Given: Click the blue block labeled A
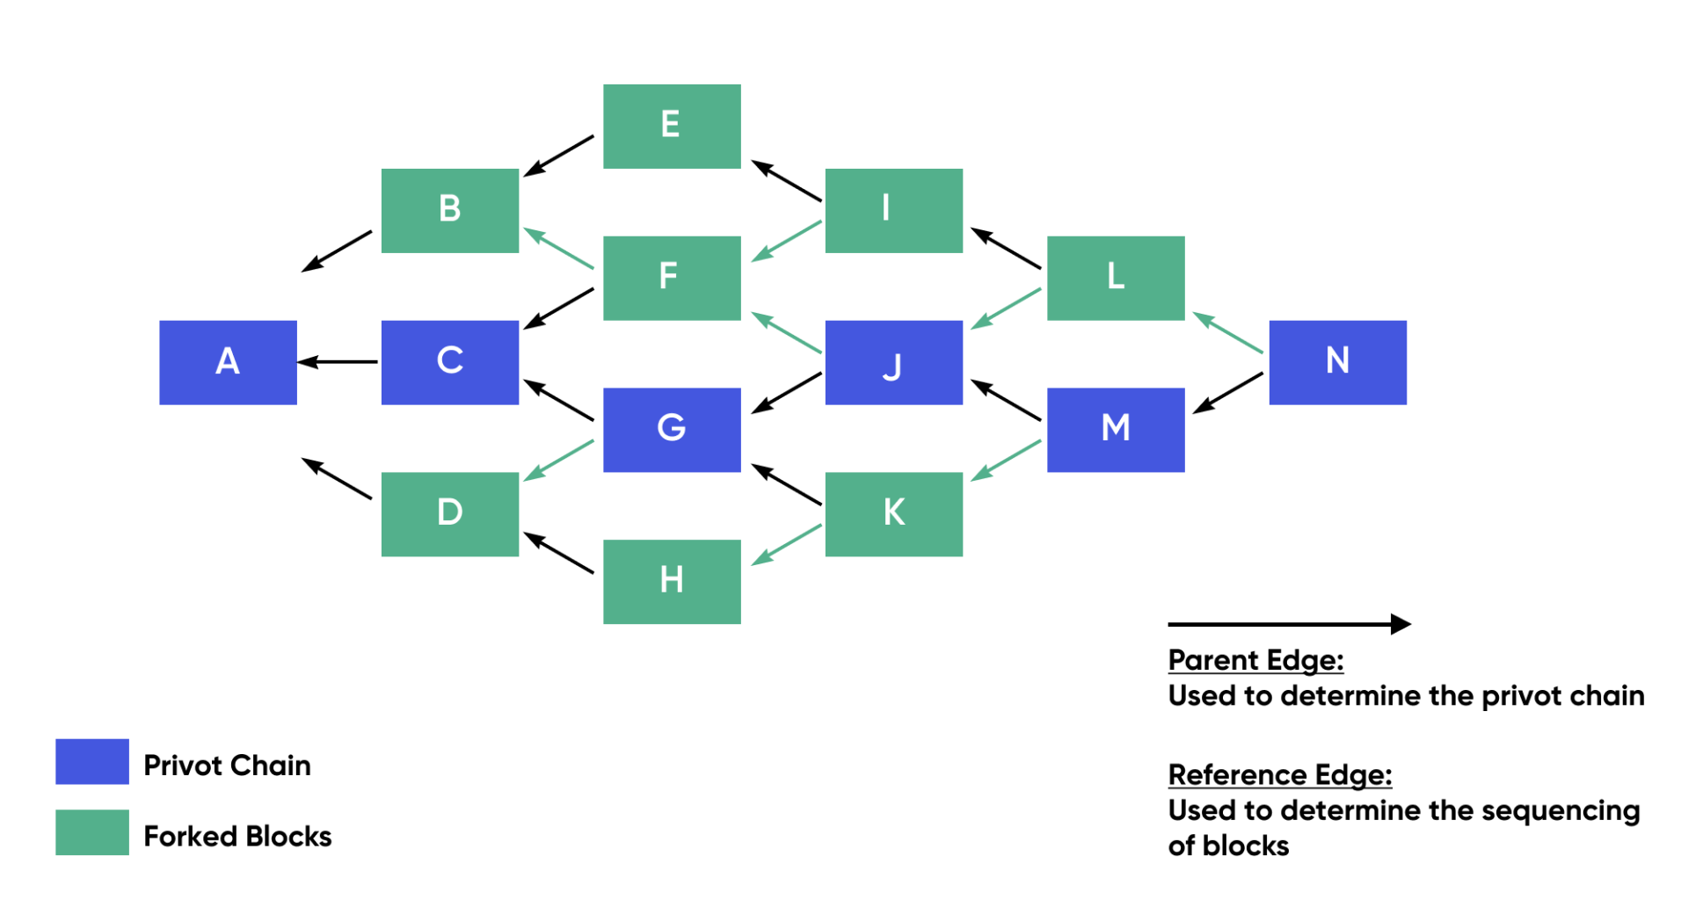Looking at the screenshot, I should tap(228, 362).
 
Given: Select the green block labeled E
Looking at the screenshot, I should tap(672, 126).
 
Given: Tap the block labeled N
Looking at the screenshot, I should tap(1337, 362).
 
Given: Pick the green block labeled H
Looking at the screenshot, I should tap(672, 581).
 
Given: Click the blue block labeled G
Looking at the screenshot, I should tap(672, 430).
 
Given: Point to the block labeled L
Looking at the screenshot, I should tap(1116, 278).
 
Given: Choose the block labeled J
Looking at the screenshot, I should tap(893, 362).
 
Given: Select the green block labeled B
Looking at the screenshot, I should tap(449, 210).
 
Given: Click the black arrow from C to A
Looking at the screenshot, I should tap(338, 362).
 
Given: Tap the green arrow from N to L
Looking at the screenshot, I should tap(1228, 333).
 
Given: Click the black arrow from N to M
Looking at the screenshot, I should tap(1228, 393).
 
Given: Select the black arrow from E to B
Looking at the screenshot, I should tap(559, 156).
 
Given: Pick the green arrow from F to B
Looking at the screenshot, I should tap(559, 249).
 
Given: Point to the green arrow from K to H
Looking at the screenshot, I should tap(787, 545).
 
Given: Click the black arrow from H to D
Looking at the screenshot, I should tap(559, 553).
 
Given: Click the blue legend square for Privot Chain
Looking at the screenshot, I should tap(92, 761).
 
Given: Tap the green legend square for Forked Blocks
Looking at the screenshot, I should tap(92, 832).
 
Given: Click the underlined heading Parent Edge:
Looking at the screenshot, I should tap(1255, 660).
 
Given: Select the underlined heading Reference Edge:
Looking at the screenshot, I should tap(1279, 774).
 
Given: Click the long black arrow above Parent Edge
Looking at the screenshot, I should tap(1288, 624).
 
